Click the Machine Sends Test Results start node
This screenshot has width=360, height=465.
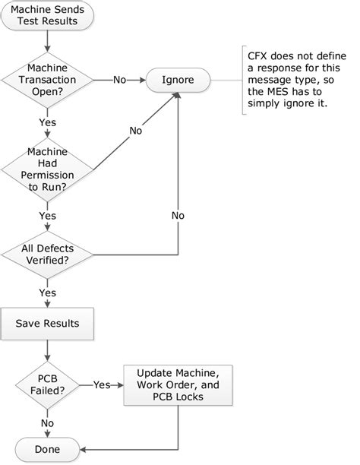[x=48, y=15]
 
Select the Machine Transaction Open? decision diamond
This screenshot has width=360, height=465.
[x=48, y=78]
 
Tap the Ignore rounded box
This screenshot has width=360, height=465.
[x=178, y=78]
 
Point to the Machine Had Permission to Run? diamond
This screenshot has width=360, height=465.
[x=48, y=168]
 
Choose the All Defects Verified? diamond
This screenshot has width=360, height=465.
[x=48, y=254]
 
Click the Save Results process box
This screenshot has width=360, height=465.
[x=48, y=324]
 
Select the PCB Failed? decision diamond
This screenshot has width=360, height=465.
[x=48, y=384]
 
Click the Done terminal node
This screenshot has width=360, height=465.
[x=48, y=449]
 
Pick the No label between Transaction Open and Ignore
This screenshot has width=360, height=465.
[x=119, y=78]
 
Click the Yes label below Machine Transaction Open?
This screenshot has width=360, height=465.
[x=47, y=121]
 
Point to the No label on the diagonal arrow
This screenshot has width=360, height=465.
[x=136, y=130]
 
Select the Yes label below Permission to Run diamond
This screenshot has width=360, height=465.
[x=47, y=216]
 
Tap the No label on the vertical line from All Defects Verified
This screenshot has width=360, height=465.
[x=178, y=215]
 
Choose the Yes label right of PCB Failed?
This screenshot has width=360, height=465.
[x=102, y=384]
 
